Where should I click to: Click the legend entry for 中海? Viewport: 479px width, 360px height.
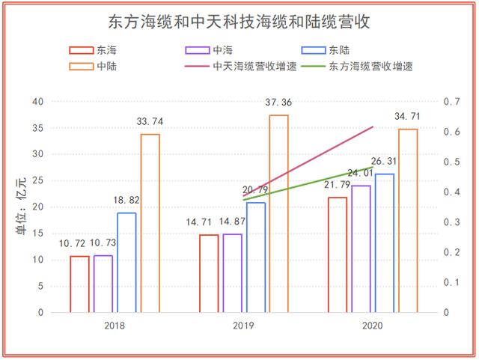[209, 51]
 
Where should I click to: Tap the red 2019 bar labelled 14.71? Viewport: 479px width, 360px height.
[209, 273]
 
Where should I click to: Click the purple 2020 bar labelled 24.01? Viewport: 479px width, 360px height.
[361, 248]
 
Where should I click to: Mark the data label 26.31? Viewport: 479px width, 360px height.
[385, 161]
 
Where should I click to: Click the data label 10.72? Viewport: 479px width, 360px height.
[73, 244]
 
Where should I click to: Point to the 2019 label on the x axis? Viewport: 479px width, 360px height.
[243, 326]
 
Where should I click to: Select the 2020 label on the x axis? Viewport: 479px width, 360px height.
[372, 326]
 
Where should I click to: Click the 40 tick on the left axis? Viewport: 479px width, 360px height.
[37, 102]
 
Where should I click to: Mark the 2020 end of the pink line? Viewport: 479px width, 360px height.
[373, 127]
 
